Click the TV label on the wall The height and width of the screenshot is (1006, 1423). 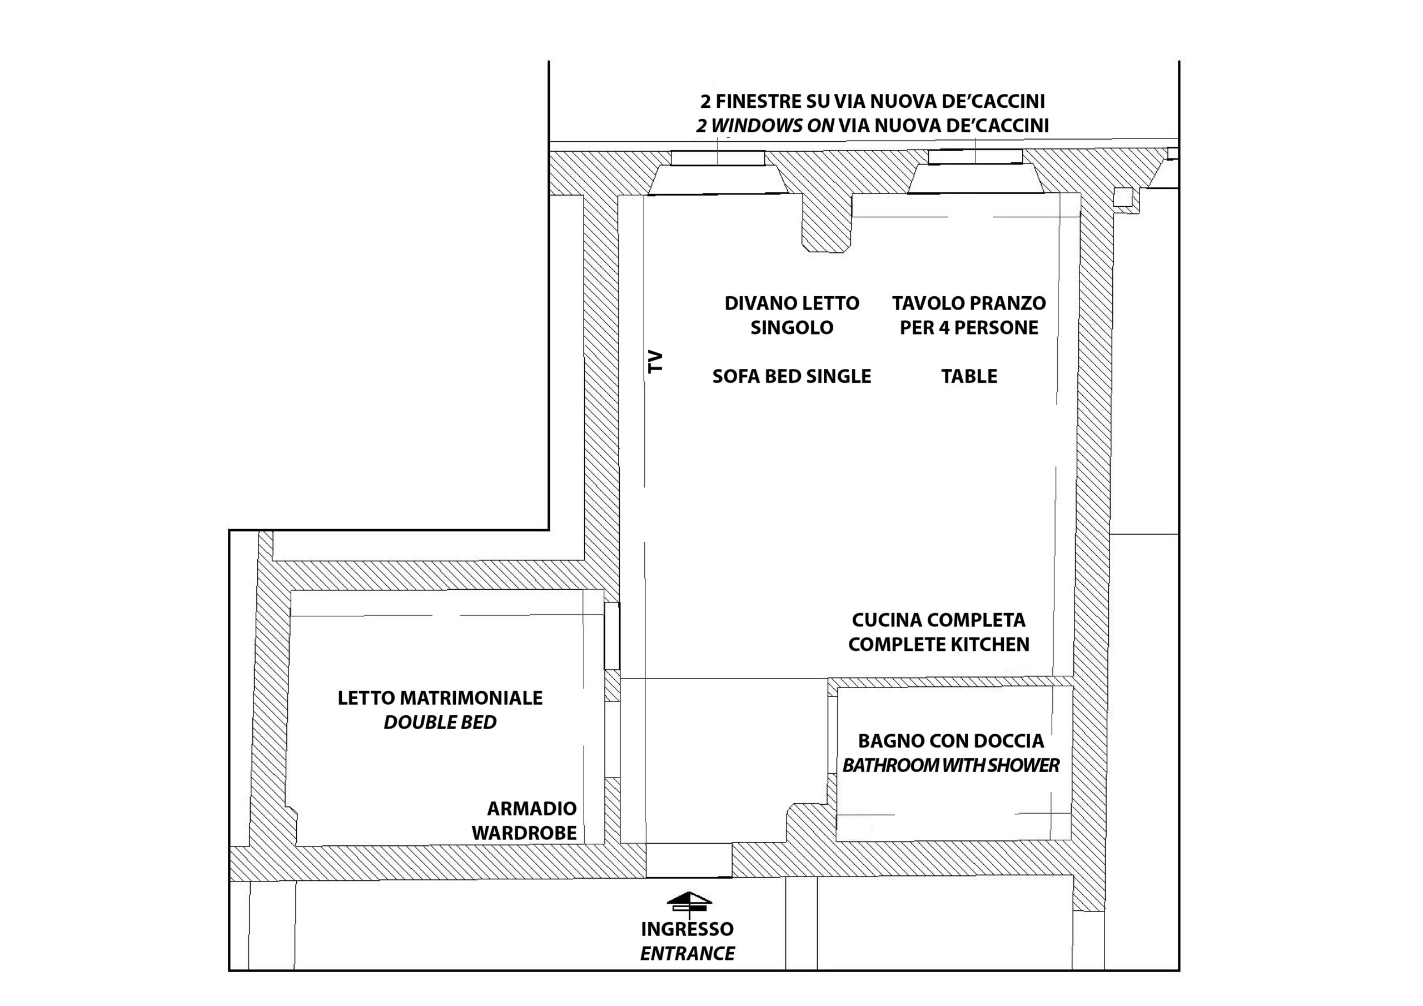655,361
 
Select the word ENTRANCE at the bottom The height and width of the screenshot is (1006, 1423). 688,953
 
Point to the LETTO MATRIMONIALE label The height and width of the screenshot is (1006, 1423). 440,698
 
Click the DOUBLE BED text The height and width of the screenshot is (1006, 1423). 440,722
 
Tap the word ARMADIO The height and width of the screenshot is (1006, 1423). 532,808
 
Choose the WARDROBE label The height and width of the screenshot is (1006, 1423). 524,833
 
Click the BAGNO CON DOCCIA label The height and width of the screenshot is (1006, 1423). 951,741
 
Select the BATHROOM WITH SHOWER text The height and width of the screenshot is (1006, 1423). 951,765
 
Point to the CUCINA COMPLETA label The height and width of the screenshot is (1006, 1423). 938,620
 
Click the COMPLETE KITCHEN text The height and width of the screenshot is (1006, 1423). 938,645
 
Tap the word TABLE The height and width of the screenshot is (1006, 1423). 969,376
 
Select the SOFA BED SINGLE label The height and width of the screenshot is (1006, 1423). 792,376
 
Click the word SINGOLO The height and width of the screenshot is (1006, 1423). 792,327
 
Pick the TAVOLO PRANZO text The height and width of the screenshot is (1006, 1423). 969,303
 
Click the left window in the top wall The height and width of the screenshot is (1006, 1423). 718,158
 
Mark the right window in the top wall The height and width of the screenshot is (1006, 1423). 975,157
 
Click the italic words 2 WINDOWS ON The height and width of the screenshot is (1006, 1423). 765,126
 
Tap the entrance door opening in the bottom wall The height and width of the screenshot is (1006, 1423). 689,861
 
